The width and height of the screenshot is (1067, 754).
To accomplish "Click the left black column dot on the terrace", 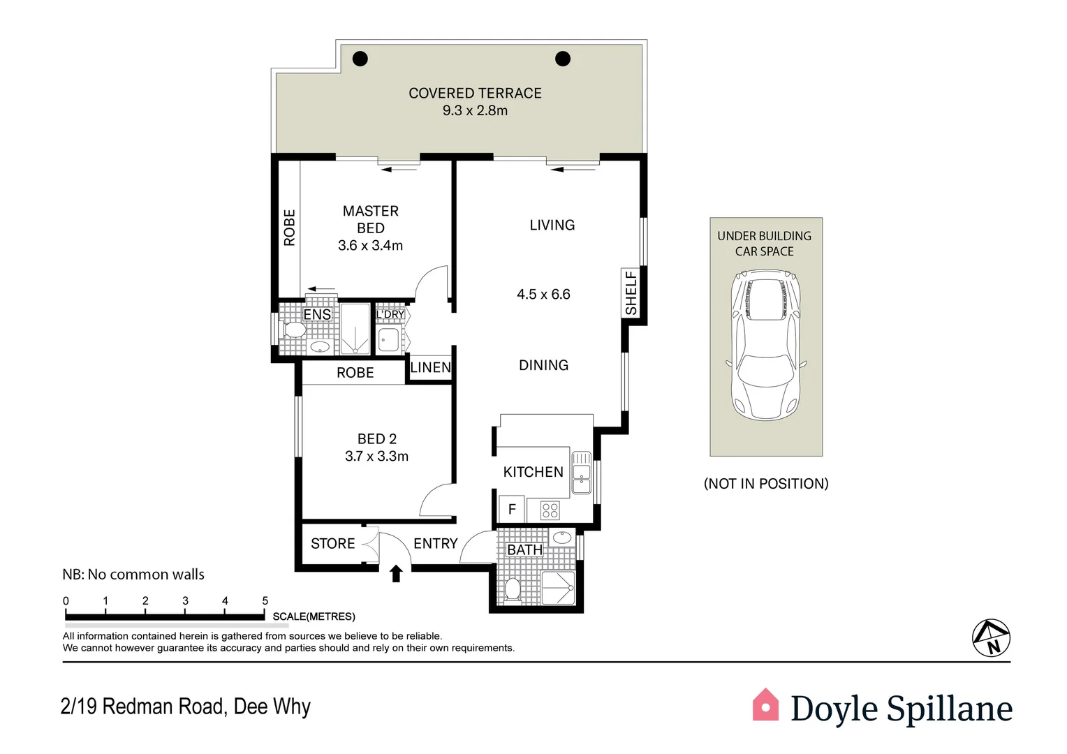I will point(360,59).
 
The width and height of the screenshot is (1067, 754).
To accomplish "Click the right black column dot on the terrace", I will point(563,59).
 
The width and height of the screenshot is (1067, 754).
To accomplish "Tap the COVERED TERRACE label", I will point(475,94).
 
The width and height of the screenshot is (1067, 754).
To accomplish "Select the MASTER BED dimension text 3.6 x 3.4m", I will point(370,246).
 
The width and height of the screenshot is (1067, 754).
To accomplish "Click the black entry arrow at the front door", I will point(396,573).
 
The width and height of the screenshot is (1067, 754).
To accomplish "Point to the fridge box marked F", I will point(512,509).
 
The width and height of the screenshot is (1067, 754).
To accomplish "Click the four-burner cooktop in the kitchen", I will point(550,510).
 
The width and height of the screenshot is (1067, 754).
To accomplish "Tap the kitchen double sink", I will point(581,473).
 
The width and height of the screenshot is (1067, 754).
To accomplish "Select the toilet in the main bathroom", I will point(513,589).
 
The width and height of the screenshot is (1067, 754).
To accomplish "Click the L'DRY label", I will point(390,314).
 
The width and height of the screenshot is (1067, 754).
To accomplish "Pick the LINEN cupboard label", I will point(430,368).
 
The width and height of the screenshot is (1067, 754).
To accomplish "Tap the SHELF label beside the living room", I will point(631,293).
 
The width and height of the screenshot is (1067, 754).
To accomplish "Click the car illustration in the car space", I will point(765,346).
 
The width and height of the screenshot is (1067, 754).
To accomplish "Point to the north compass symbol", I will point(991,637).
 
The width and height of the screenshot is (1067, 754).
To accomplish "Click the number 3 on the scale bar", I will point(185,600).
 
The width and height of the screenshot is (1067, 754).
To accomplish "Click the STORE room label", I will point(332,544).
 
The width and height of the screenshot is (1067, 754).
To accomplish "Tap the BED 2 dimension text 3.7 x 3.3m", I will point(376,457).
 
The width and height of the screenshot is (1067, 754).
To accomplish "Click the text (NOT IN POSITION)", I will point(766,484).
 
